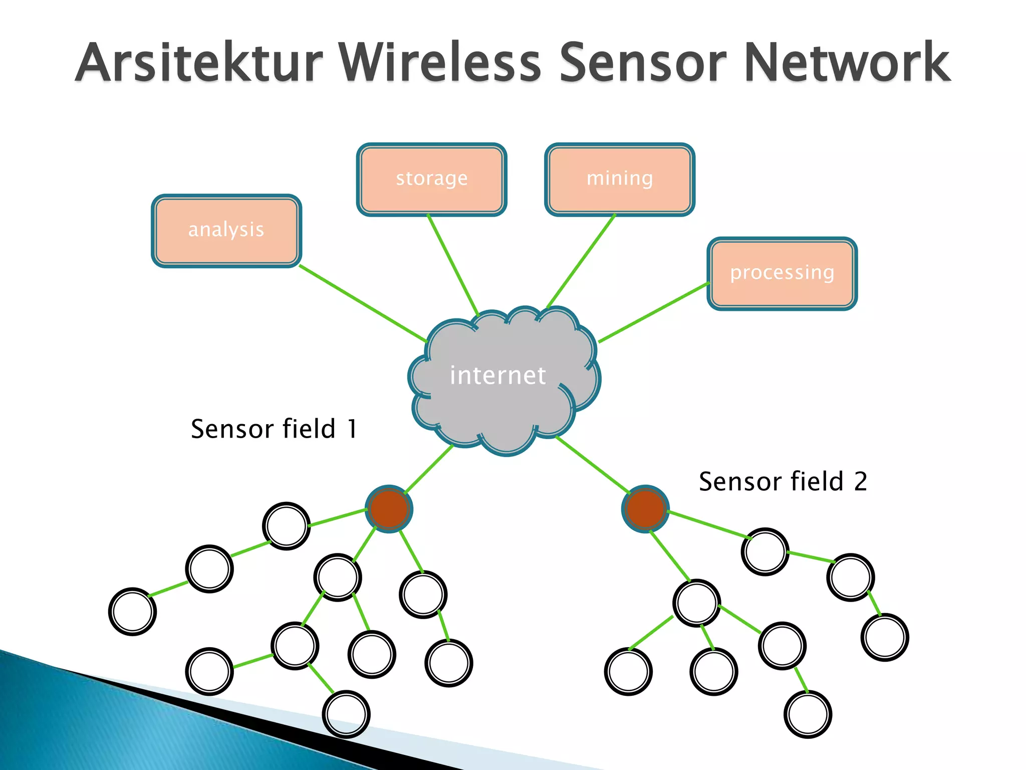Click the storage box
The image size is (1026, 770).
coord(431,179)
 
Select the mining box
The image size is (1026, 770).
coord(619,179)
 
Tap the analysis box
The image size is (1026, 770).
coord(226,231)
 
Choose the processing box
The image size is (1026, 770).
coord(782,273)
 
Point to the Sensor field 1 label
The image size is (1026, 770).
coord(274,430)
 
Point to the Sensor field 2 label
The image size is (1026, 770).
coord(783,482)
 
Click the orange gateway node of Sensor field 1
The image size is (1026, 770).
coord(389,509)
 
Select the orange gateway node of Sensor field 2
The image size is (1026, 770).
coord(645,509)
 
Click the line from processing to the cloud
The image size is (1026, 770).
coord(654,312)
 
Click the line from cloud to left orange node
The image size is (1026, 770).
coord(428,469)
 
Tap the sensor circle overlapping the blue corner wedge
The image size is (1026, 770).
coord(346,714)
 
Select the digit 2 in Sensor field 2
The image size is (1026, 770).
coord(861,482)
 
